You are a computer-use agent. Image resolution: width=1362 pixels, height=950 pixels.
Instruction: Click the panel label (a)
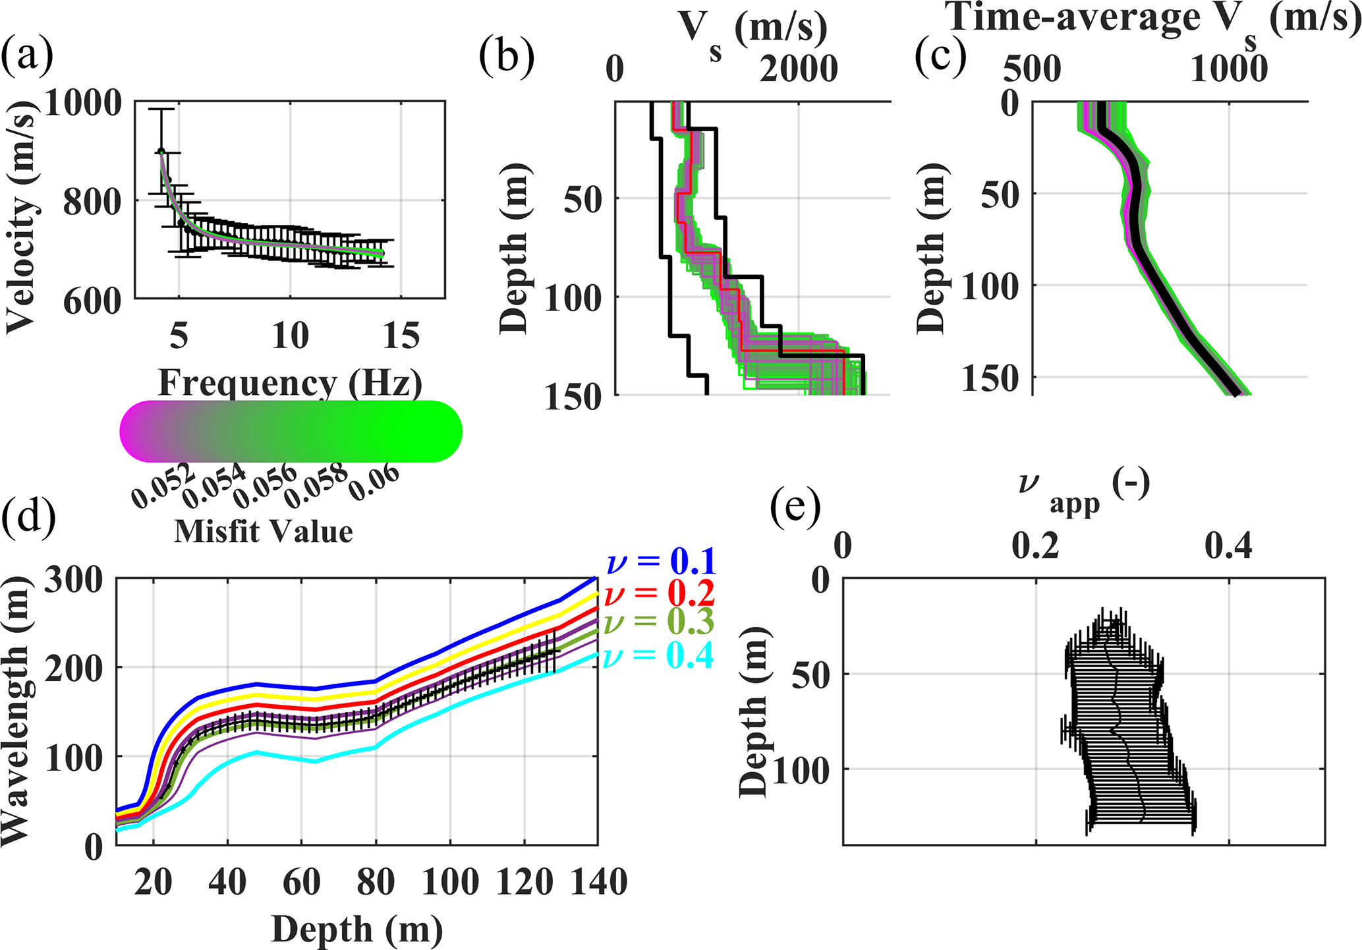click(27, 57)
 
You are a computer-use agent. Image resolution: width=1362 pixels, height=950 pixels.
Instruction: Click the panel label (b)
click(506, 57)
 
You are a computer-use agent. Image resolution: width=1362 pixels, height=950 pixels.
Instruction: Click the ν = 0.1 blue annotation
click(661, 562)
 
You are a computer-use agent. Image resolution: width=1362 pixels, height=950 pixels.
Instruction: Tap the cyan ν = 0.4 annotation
click(659, 656)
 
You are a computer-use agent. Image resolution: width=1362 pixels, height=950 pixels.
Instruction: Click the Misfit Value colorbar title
click(264, 531)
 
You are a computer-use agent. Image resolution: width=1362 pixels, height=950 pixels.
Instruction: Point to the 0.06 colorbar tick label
click(374, 483)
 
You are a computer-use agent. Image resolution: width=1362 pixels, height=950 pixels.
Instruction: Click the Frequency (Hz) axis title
click(290, 382)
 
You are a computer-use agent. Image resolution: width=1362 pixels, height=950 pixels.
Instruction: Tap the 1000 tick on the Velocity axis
click(83, 103)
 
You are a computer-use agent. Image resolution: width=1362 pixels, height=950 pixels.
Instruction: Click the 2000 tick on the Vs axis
click(799, 69)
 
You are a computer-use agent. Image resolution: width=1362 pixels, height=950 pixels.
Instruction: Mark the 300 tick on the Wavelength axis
click(74, 580)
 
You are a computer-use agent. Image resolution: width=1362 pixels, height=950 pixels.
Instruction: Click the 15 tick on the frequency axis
click(401, 336)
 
